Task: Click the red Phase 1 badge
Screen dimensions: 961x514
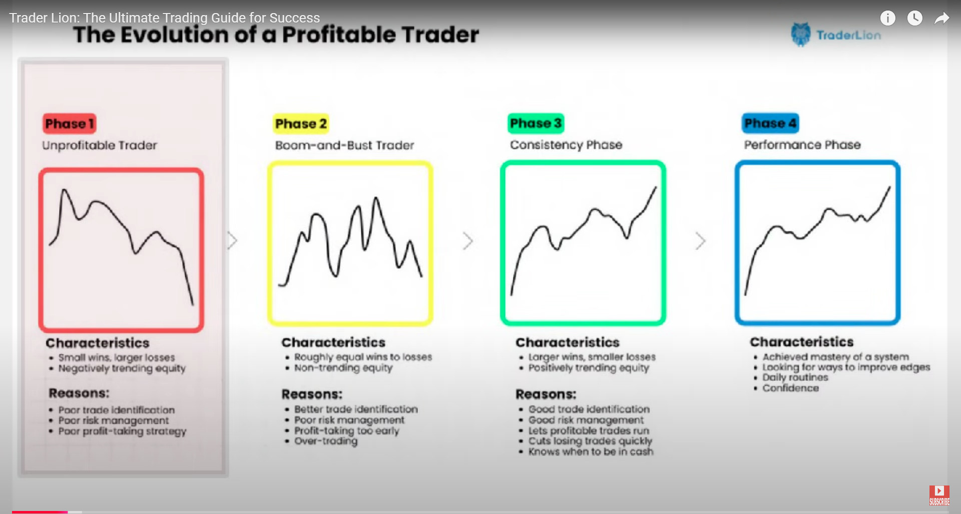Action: (69, 124)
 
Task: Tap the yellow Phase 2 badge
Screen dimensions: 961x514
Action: (301, 124)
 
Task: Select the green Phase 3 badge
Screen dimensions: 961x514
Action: (536, 123)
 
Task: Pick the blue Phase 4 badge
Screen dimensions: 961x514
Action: (770, 123)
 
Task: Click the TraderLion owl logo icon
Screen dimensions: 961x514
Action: (801, 34)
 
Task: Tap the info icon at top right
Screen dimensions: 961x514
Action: (887, 18)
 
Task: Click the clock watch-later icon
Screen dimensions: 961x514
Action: (915, 18)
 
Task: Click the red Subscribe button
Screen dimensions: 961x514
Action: (939, 495)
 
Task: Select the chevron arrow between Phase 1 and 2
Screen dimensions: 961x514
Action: (232, 240)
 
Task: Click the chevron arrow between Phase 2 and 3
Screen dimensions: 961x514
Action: (468, 241)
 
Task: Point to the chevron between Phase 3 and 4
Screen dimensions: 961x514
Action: (701, 241)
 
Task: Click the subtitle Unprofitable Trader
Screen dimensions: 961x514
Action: (100, 145)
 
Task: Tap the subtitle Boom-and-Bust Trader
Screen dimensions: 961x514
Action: (345, 145)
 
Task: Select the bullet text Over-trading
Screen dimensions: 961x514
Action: (326, 441)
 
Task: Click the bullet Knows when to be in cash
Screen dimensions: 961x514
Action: (591, 451)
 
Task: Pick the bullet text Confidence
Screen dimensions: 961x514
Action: (791, 388)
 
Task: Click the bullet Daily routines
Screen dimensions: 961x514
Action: (795, 377)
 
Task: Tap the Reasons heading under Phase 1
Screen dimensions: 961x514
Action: (79, 393)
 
